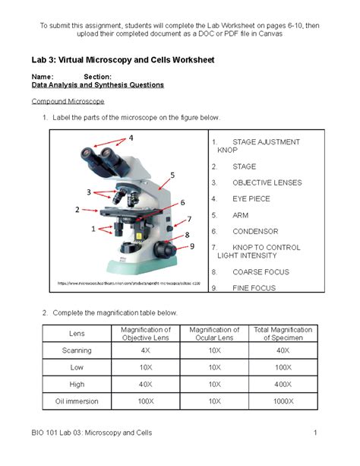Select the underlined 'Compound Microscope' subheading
(x=67, y=101)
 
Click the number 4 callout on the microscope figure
(x=131, y=138)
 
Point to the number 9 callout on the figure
(x=192, y=246)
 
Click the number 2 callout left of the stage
(x=77, y=208)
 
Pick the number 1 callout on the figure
(x=93, y=228)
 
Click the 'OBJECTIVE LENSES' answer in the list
(x=266, y=182)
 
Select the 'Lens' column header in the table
(x=77, y=333)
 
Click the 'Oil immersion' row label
(x=77, y=400)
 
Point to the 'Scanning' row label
(x=77, y=350)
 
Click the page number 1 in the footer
(x=314, y=433)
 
